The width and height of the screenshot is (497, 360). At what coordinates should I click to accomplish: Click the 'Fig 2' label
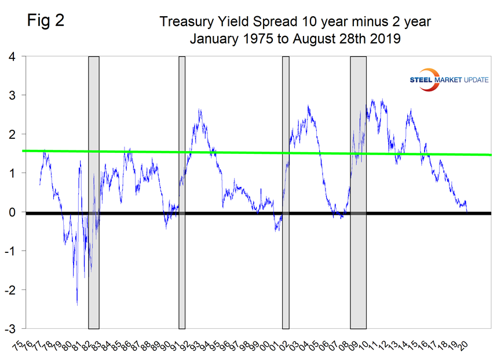pos(45,21)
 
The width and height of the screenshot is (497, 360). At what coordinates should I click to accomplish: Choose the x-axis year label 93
pos(198,345)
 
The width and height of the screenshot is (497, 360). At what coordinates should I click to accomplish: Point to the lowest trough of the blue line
pos(77,304)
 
